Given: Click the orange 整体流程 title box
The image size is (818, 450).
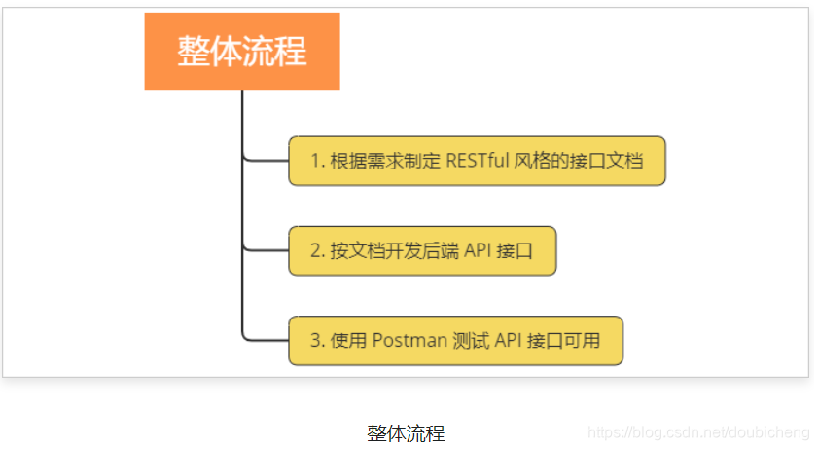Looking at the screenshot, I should tap(242, 51).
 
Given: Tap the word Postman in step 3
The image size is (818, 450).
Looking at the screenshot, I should tap(409, 341).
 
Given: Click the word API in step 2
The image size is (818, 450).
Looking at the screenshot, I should tap(477, 250).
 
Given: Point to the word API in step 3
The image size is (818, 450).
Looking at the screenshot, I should tap(508, 341).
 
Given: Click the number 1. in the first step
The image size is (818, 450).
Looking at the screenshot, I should tap(317, 161).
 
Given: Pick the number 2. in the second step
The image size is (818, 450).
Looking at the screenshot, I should tap(317, 250).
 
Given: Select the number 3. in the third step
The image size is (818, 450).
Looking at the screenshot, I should tap(317, 341).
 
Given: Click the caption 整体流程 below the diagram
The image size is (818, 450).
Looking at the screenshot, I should tap(406, 433).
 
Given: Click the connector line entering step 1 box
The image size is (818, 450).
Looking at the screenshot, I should tap(265, 160).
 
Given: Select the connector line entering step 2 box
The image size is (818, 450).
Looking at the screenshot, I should tap(265, 250).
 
